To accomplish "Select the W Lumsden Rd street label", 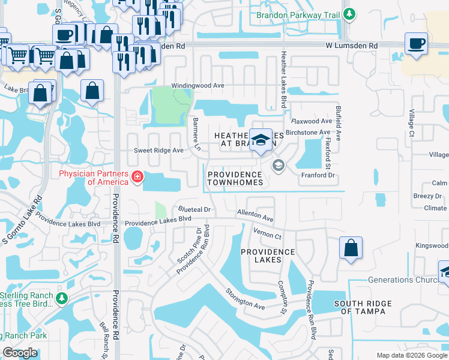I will [x=352, y=46].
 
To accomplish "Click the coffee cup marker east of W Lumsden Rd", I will [x=416, y=43].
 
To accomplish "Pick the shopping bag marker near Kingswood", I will [x=351, y=247].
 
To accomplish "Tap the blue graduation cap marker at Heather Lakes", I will [x=261, y=140].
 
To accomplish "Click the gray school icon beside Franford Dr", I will [x=279, y=165].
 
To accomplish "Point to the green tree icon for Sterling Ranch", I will [x=61, y=298].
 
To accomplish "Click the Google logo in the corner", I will [x=20, y=353].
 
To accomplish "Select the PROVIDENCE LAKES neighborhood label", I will [x=268, y=256].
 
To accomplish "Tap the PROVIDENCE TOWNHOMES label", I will [x=235, y=178].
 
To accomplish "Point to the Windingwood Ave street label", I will [x=197, y=86].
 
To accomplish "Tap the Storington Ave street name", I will [x=245, y=298].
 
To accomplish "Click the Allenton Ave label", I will [x=255, y=216].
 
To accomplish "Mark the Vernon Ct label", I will [x=268, y=234].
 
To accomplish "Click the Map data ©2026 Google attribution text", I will [x=411, y=355].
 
